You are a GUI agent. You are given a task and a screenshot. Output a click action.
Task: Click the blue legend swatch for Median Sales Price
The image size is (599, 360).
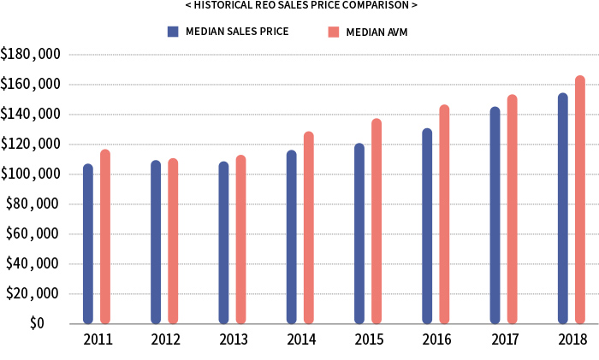[172, 32]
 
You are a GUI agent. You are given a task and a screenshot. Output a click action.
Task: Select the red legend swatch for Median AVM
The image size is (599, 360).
[333, 32]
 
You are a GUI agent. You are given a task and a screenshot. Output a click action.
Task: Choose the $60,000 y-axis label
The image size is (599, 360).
[33, 234]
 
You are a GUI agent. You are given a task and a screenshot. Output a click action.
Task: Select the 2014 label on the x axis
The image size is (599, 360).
[300, 339]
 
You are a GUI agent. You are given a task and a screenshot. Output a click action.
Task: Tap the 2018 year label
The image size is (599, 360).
[572, 339]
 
